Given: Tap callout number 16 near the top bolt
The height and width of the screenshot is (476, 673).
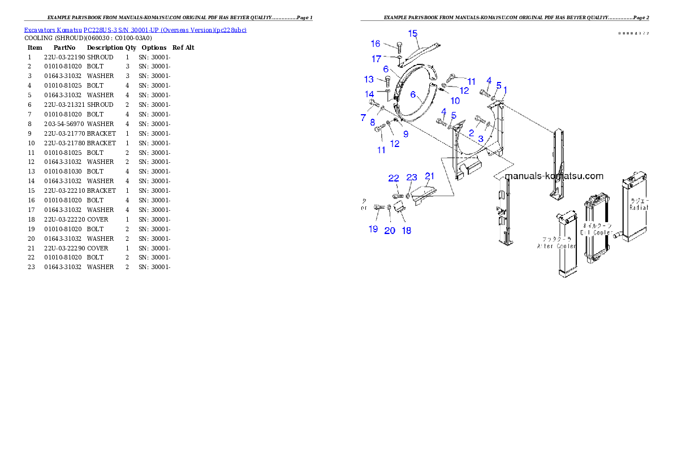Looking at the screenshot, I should [x=376, y=44].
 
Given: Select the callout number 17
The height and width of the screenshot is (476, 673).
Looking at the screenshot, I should [x=376, y=59].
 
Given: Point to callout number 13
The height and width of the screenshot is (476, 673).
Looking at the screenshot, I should [x=369, y=80].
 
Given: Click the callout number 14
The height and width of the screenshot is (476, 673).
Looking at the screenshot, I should [x=369, y=94].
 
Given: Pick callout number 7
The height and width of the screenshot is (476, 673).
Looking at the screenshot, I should [x=363, y=118].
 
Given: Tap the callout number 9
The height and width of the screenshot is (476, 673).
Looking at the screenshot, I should [x=405, y=134].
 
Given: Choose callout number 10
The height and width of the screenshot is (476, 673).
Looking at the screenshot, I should [x=455, y=101].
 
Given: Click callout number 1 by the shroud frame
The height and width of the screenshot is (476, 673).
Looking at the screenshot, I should [x=505, y=89].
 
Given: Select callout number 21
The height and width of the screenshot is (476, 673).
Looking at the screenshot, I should [x=429, y=176].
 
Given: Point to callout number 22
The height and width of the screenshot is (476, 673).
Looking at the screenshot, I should [x=394, y=179].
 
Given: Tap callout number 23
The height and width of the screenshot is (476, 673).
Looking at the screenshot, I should [x=412, y=178].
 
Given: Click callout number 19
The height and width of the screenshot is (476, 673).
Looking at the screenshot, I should [x=373, y=229].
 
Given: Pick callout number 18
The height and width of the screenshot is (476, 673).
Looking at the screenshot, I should [x=406, y=230].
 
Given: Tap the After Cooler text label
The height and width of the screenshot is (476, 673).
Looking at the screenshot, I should [x=556, y=243].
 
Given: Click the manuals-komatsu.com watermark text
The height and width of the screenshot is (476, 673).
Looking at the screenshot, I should [x=554, y=176].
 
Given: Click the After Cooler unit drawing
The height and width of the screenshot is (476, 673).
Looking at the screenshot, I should [x=566, y=246].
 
